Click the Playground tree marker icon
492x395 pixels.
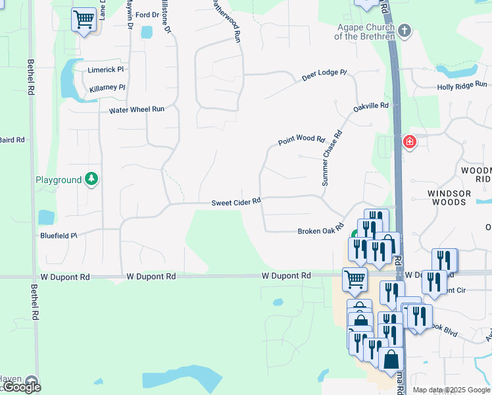click(x=92, y=179)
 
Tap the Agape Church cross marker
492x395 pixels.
click(x=405, y=30)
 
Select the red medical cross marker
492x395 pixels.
click(x=409, y=142)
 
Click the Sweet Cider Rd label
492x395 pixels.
click(x=236, y=202)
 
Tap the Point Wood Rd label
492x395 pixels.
click(x=301, y=140)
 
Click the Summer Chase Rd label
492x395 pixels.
click(x=332, y=158)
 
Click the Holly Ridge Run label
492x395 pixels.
click(x=462, y=85)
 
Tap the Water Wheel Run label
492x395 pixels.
click(x=137, y=109)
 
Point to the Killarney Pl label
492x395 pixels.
click(x=107, y=88)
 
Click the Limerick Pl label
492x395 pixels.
click(x=106, y=69)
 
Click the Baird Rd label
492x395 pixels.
click(x=12, y=140)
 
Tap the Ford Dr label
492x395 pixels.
click(x=147, y=14)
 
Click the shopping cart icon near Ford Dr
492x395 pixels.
click(x=84, y=19)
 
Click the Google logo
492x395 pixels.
click(x=22, y=387)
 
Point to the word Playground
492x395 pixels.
click(x=59, y=180)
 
